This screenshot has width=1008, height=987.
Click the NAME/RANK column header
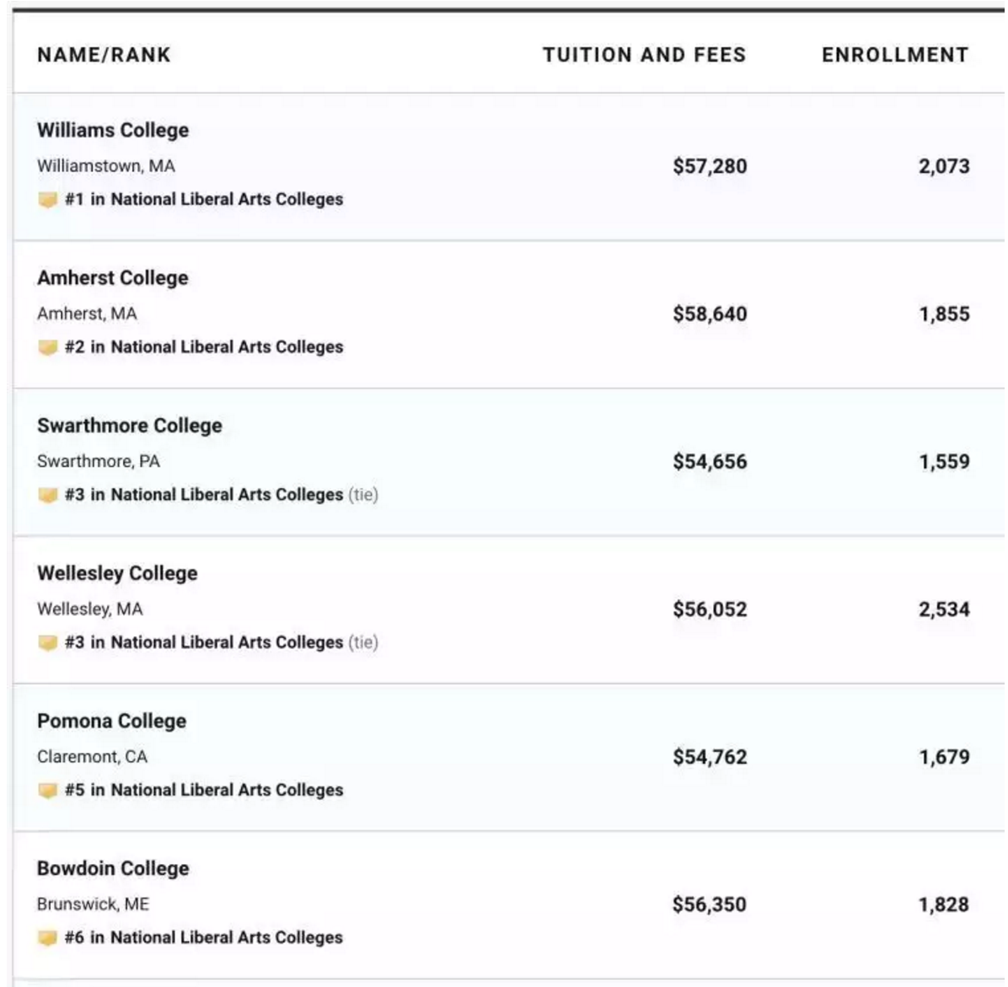pyautogui.click(x=104, y=56)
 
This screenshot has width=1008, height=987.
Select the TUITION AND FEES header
pyautogui.click(x=644, y=56)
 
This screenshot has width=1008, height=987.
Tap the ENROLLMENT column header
pyautogui.click(x=895, y=56)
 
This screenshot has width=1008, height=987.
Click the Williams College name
pyautogui.click(x=113, y=131)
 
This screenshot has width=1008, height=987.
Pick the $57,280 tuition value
pyautogui.click(x=710, y=166)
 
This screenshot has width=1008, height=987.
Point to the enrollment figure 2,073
pyautogui.click(x=944, y=166)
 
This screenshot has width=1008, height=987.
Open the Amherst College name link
pyautogui.click(x=113, y=278)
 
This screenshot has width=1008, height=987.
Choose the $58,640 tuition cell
pyautogui.click(x=710, y=314)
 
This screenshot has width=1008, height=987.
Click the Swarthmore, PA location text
pyautogui.click(x=99, y=462)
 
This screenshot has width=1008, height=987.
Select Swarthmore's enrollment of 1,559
pyautogui.click(x=944, y=462)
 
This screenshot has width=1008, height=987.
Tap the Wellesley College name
pyautogui.click(x=117, y=574)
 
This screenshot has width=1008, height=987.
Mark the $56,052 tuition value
pyautogui.click(x=710, y=609)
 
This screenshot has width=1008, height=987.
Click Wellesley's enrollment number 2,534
pyautogui.click(x=944, y=609)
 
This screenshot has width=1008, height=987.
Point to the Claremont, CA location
pyautogui.click(x=92, y=757)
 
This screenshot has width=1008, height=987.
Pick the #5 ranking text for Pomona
pyautogui.click(x=204, y=791)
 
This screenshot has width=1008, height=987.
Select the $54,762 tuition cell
pyautogui.click(x=710, y=757)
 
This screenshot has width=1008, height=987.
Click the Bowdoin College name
pyautogui.click(x=113, y=869)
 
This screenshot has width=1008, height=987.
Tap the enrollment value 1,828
pyautogui.click(x=944, y=904)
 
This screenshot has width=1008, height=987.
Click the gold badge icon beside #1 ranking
pyautogui.click(x=47, y=201)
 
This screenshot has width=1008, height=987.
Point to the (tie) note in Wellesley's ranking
pyautogui.click(x=363, y=643)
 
